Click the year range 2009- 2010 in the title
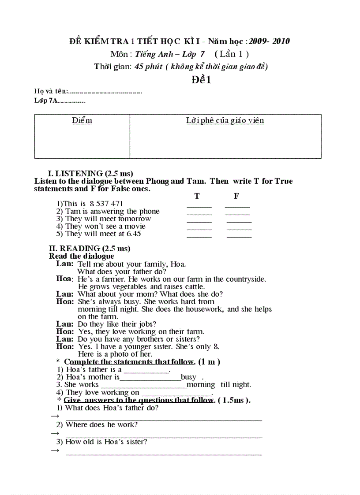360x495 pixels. click(269, 41)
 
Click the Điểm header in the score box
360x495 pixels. click(82, 121)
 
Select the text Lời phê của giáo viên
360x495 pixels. click(225, 121)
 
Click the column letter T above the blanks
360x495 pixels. click(197, 197)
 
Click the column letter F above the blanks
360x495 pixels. click(236, 197)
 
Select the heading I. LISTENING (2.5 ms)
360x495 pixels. click(90, 173)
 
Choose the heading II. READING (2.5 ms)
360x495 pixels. click(90, 249)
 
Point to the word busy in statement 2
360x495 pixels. click(189, 377)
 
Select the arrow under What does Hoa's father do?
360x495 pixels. click(55, 416)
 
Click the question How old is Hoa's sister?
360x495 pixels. click(106, 442)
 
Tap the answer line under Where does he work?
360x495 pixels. click(163, 436)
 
